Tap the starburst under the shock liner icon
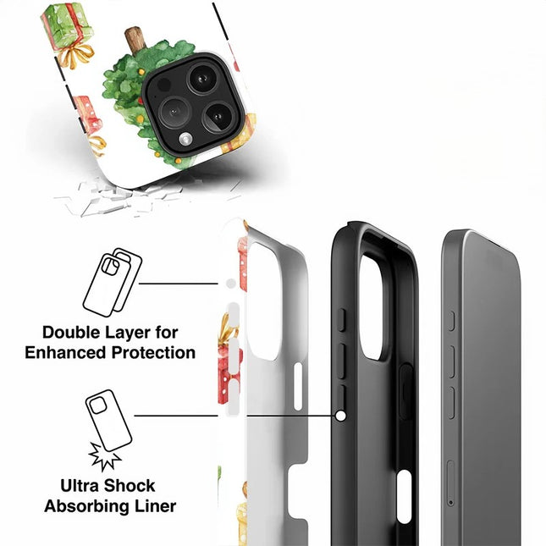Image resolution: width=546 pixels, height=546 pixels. click(x=106, y=456)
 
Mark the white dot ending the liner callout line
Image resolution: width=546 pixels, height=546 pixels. click(x=340, y=416)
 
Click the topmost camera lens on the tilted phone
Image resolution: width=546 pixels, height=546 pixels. click(x=201, y=79)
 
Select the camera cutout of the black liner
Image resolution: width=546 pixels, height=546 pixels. click(x=372, y=306)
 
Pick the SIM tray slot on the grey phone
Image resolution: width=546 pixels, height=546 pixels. click(x=449, y=483)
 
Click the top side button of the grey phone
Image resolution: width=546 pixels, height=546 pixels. click(x=452, y=320)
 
